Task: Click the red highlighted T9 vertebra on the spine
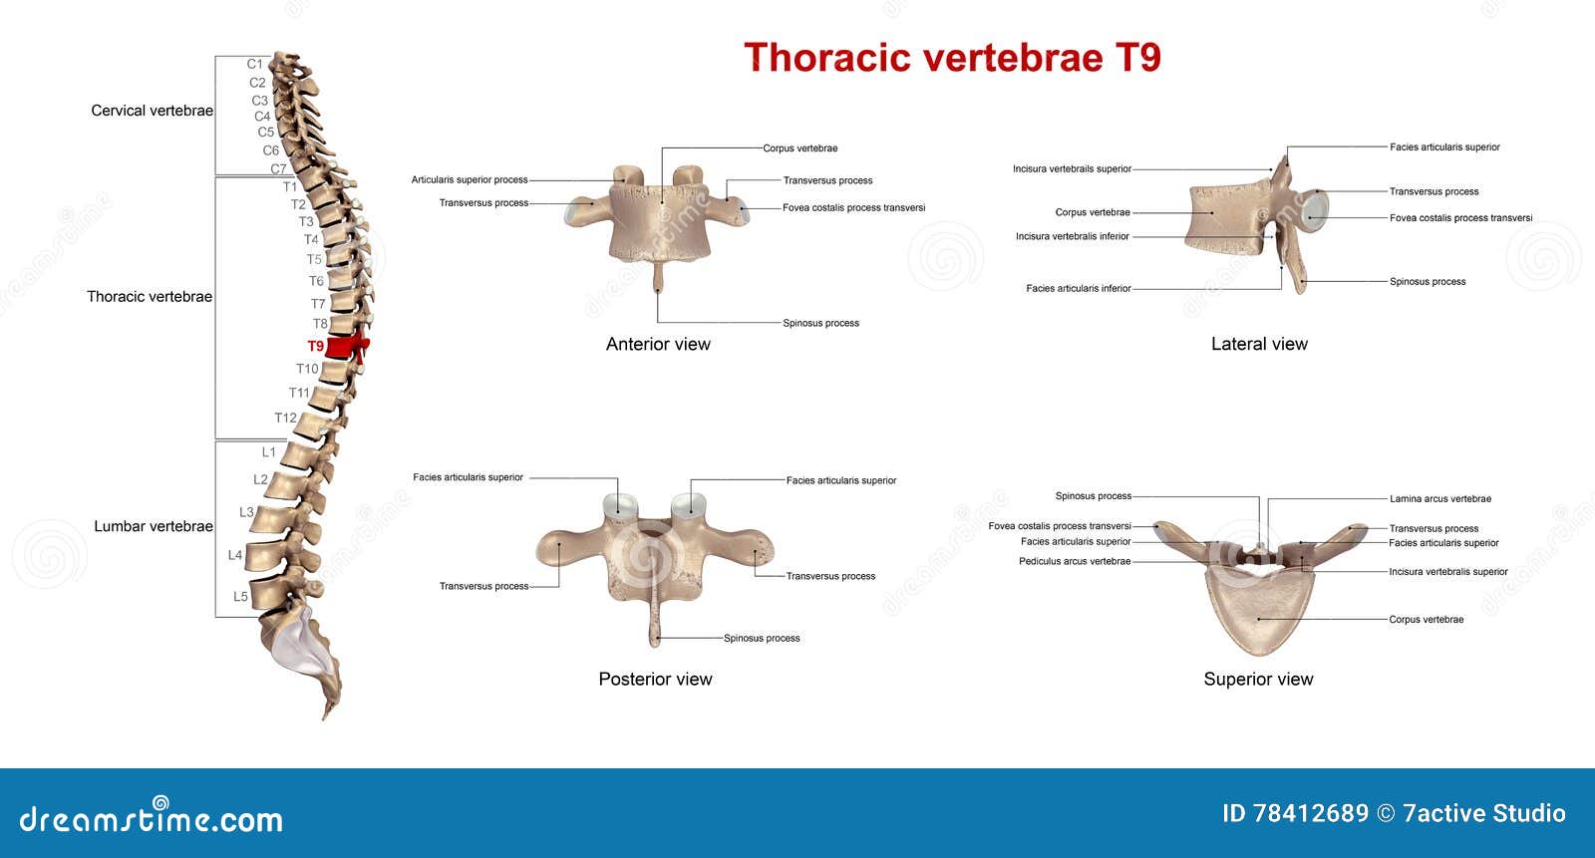click(346, 347)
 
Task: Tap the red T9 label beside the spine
click(315, 346)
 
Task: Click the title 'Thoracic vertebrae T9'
click(952, 57)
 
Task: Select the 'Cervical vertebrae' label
click(152, 111)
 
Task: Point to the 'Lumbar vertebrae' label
click(154, 526)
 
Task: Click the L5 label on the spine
click(240, 596)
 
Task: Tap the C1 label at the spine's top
click(254, 64)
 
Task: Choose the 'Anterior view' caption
click(658, 344)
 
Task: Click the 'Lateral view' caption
click(1259, 344)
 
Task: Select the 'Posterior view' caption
click(655, 679)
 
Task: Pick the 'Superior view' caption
click(1258, 679)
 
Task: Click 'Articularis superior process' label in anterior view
click(470, 180)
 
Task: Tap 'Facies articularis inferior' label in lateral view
click(1078, 288)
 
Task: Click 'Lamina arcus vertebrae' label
click(1439, 499)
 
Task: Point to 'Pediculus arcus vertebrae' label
click(1075, 561)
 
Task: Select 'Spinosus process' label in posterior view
click(762, 638)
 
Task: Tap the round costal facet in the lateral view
click(1316, 211)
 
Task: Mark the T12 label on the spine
click(285, 418)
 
